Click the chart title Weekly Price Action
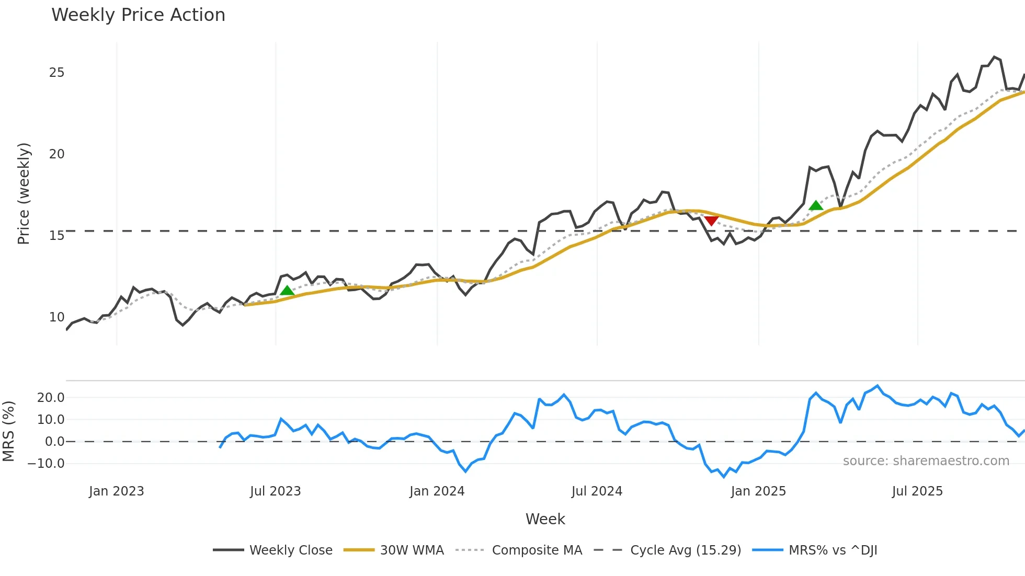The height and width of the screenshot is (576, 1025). (x=138, y=15)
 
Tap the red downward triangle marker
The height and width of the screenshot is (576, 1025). (x=711, y=221)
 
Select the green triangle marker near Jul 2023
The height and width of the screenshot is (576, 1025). (x=287, y=291)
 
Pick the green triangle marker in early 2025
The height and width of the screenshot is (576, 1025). (x=816, y=205)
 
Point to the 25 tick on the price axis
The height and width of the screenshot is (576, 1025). (x=56, y=73)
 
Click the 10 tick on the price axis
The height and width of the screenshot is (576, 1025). (x=56, y=317)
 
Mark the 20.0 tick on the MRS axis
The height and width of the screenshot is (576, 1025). (x=51, y=398)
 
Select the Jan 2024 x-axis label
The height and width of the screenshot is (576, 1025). (x=437, y=491)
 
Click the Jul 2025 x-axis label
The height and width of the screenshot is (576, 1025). (x=917, y=491)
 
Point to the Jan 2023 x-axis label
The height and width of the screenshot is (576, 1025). (x=116, y=491)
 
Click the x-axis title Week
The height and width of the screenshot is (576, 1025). (x=545, y=519)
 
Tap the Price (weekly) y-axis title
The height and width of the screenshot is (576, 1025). (x=24, y=193)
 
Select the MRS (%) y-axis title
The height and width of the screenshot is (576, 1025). (x=8, y=431)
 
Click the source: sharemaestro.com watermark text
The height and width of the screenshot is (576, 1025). (x=926, y=461)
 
